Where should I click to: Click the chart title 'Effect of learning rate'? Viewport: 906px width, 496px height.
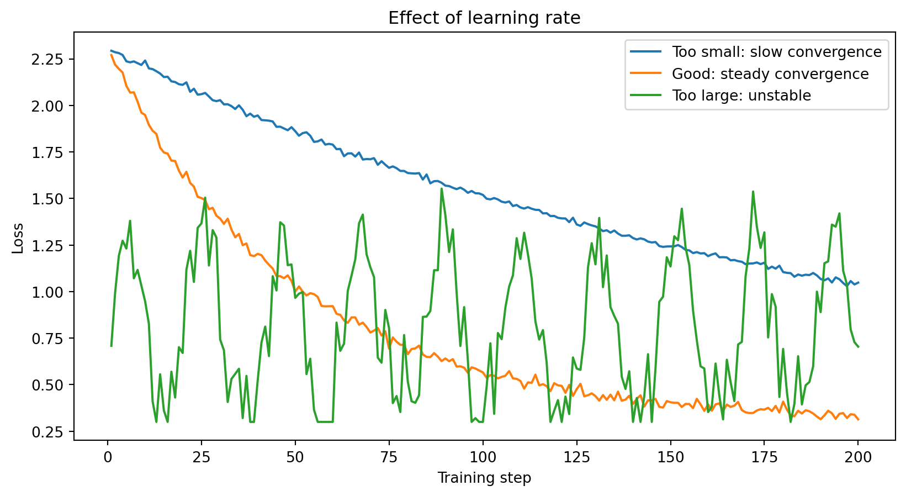(484, 18)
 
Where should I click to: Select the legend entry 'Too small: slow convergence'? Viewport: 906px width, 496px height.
(776, 52)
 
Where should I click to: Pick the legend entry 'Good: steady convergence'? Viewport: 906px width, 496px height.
(770, 74)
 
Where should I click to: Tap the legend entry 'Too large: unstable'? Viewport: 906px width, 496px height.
(741, 96)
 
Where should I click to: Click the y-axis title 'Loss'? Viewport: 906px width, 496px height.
(18, 238)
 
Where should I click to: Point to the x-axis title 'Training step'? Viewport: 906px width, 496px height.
(484, 478)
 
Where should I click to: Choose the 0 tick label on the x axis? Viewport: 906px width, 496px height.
(108, 457)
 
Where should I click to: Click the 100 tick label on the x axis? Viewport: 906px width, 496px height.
(483, 457)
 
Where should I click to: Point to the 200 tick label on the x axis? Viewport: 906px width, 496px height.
(859, 457)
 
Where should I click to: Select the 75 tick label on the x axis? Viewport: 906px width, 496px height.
(389, 457)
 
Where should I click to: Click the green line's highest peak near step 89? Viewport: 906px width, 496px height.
(442, 189)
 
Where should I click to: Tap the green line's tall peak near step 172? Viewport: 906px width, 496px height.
(753, 192)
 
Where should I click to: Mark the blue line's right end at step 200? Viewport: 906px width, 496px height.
(859, 282)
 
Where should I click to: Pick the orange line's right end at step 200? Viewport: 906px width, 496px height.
(859, 420)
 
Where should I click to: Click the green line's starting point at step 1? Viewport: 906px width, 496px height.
(112, 346)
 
